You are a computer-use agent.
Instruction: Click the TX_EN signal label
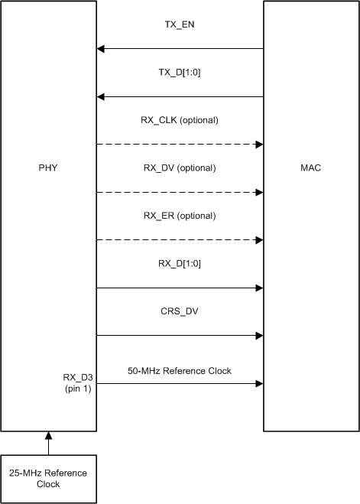tap(180, 24)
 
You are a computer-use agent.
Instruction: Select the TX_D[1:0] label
tap(180, 72)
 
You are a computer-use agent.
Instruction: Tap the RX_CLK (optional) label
tap(180, 120)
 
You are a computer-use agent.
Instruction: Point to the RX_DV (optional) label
tap(180, 167)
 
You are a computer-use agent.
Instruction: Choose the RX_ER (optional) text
tap(180, 216)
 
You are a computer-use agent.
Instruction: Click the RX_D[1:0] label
tap(180, 264)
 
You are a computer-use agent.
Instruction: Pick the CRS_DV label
tap(180, 312)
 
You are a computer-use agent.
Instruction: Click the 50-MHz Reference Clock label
tap(180, 371)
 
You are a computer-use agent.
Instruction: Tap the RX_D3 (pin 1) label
tap(77, 382)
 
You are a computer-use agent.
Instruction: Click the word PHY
tap(49, 167)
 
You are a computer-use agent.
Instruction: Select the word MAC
tap(311, 167)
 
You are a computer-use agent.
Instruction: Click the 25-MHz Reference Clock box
tap(49, 478)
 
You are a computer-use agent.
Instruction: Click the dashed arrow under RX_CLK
tap(180, 144)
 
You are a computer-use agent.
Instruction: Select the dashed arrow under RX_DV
tap(180, 192)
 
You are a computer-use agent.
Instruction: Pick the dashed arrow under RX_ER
tap(180, 240)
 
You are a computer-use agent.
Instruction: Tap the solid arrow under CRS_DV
tap(180, 335)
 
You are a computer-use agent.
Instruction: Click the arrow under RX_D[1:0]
tap(180, 288)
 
